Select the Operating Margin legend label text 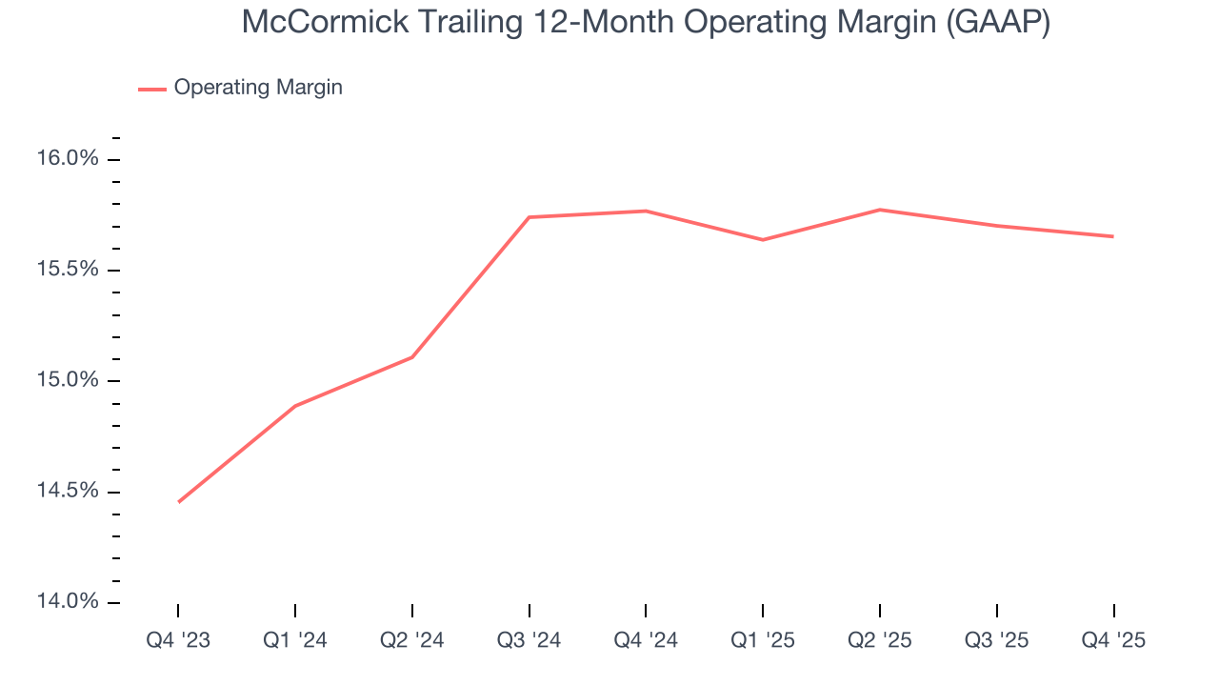(257, 88)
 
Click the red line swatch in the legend (152, 89)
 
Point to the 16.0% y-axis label (67, 158)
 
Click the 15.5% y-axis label (67, 270)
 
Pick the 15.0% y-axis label (67, 380)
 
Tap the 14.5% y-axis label (67, 492)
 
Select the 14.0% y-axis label (67, 602)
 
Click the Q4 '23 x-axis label (178, 640)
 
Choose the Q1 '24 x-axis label (295, 640)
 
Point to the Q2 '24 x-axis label (412, 640)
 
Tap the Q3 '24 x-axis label (530, 640)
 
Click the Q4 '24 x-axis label (646, 640)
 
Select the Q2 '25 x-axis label (880, 640)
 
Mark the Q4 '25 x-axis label (1113, 640)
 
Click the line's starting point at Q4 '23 (179, 502)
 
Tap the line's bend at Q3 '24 (530, 217)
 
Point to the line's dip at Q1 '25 (763, 239)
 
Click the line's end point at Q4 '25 (1113, 236)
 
